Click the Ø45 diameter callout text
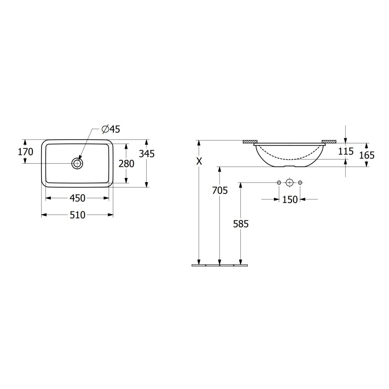111,129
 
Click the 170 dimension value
25,152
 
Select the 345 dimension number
147,154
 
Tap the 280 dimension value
126,164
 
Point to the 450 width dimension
77,198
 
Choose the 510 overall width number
77,215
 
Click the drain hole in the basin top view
77,163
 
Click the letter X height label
199,161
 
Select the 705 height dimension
220,190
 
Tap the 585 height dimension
241,224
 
